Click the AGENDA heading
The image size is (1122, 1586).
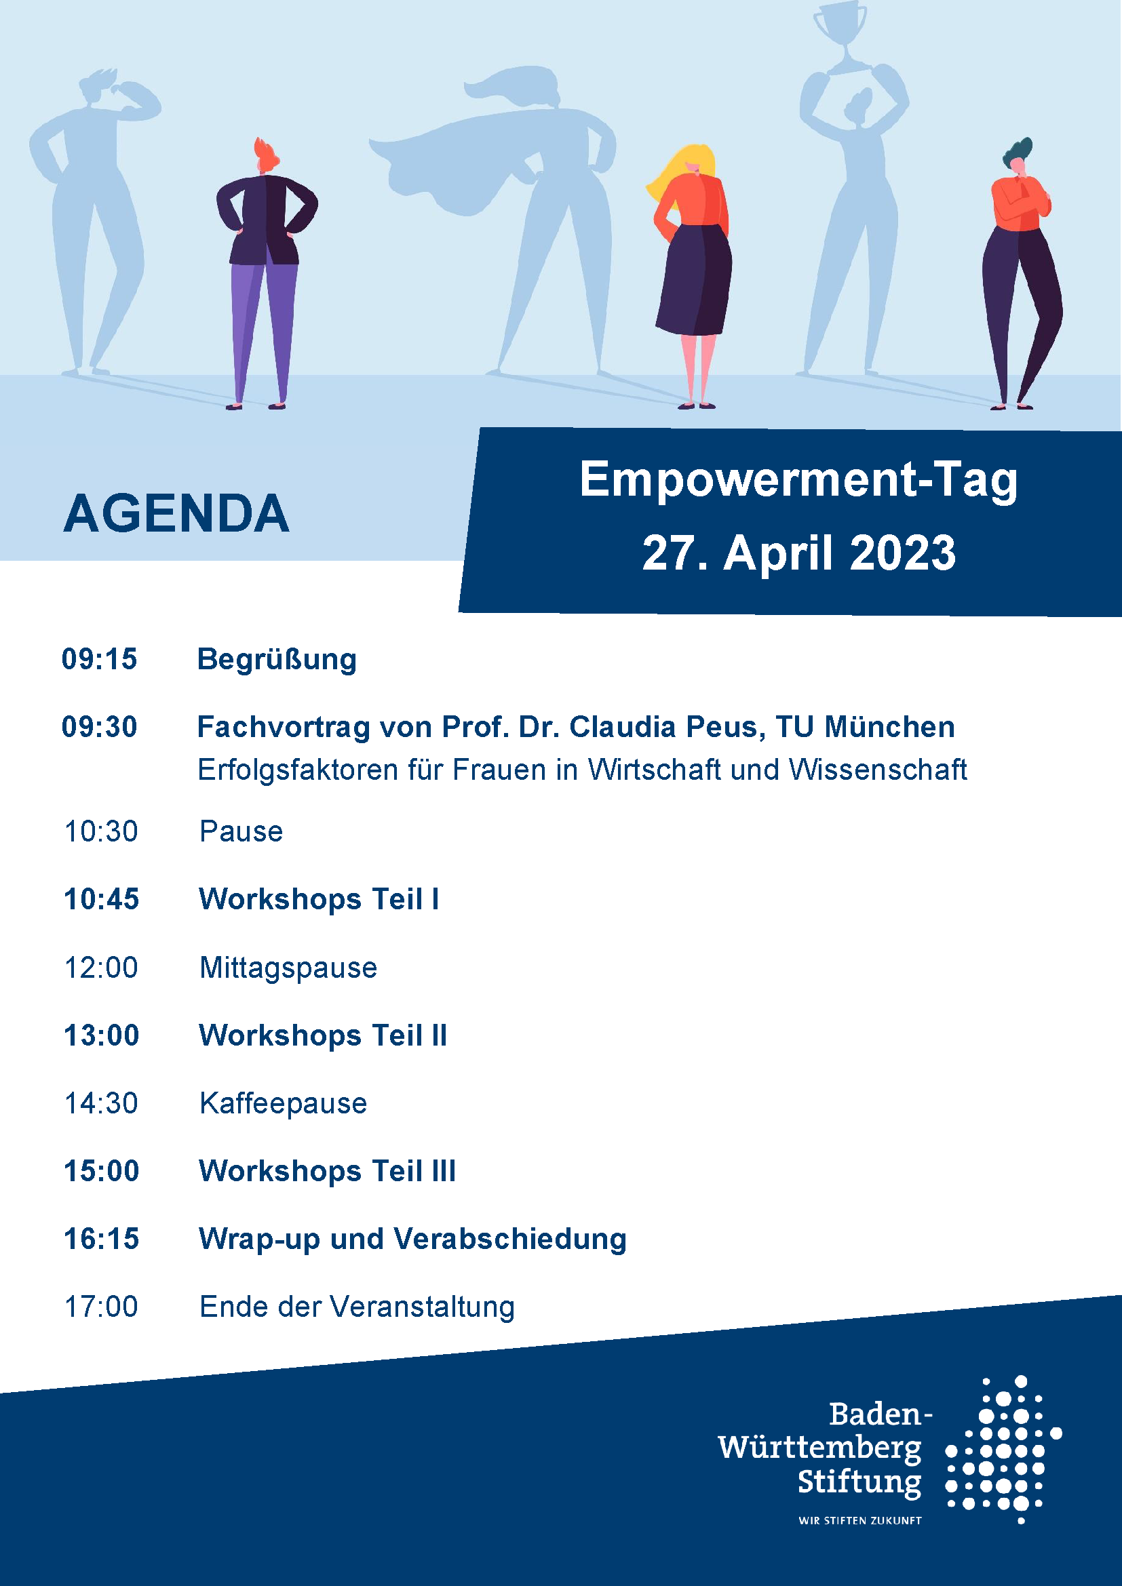pos(176,514)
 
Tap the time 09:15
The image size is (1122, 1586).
pos(100,659)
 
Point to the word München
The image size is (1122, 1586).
pos(890,727)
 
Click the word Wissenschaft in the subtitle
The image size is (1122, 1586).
pos(878,770)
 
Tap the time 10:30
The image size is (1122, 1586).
pos(101,832)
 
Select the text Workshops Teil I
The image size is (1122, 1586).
pos(319,899)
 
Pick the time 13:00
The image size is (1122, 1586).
pos(102,1035)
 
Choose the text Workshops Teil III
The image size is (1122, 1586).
pos(328,1171)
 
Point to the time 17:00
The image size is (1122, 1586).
pos(101,1307)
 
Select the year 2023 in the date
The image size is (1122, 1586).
pos(903,553)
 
